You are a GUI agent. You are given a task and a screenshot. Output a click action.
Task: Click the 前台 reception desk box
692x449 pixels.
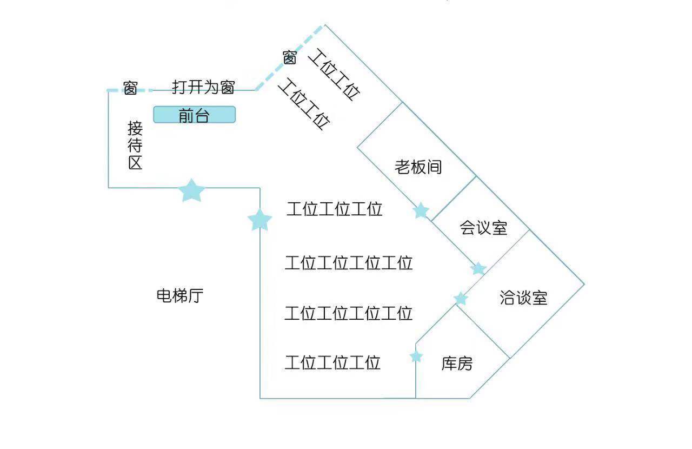pyautogui.click(x=194, y=115)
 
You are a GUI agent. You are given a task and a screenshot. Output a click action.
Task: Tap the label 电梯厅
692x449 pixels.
pyautogui.click(x=180, y=296)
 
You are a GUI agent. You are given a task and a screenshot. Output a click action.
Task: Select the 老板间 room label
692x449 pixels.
pyautogui.click(x=418, y=167)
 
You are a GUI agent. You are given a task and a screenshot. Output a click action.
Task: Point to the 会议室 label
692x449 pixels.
pyautogui.click(x=483, y=228)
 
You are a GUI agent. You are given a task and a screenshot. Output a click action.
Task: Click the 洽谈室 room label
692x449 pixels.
pyautogui.click(x=523, y=298)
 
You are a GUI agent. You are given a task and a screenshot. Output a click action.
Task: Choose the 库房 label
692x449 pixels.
pyautogui.click(x=457, y=364)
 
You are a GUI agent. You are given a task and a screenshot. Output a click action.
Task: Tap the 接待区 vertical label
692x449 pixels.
pyautogui.click(x=135, y=146)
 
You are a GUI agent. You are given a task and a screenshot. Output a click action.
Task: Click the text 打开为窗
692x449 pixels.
pyautogui.click(x=203, y=87)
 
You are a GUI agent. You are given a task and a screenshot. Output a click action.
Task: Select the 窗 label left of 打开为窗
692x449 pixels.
pyautogui.click(x=130, y=88)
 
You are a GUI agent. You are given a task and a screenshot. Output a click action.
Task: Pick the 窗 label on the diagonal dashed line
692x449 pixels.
pyautogui.click(x=290, y=57)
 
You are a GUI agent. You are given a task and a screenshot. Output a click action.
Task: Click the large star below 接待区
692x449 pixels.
pyautogui.click(x=192, y=190)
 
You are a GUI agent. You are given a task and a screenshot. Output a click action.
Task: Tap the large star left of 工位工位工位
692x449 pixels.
pyautogui.click(x=260, y=220)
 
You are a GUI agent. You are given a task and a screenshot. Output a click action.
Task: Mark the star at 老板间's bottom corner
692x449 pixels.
pyautogui.click(x=421, y=210)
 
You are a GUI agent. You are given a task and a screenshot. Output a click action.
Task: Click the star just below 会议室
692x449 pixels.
pyautogui.click(x=478, y=268)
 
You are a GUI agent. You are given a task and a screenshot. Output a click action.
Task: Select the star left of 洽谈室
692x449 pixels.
pyautogui.click(x=461, y=299)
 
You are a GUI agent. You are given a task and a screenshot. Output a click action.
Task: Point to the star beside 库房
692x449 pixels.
pyautogui.click(x=416, y=356)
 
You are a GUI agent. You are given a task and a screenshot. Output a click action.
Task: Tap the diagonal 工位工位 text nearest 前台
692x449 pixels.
pyautogui.click(x=304, y=104)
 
